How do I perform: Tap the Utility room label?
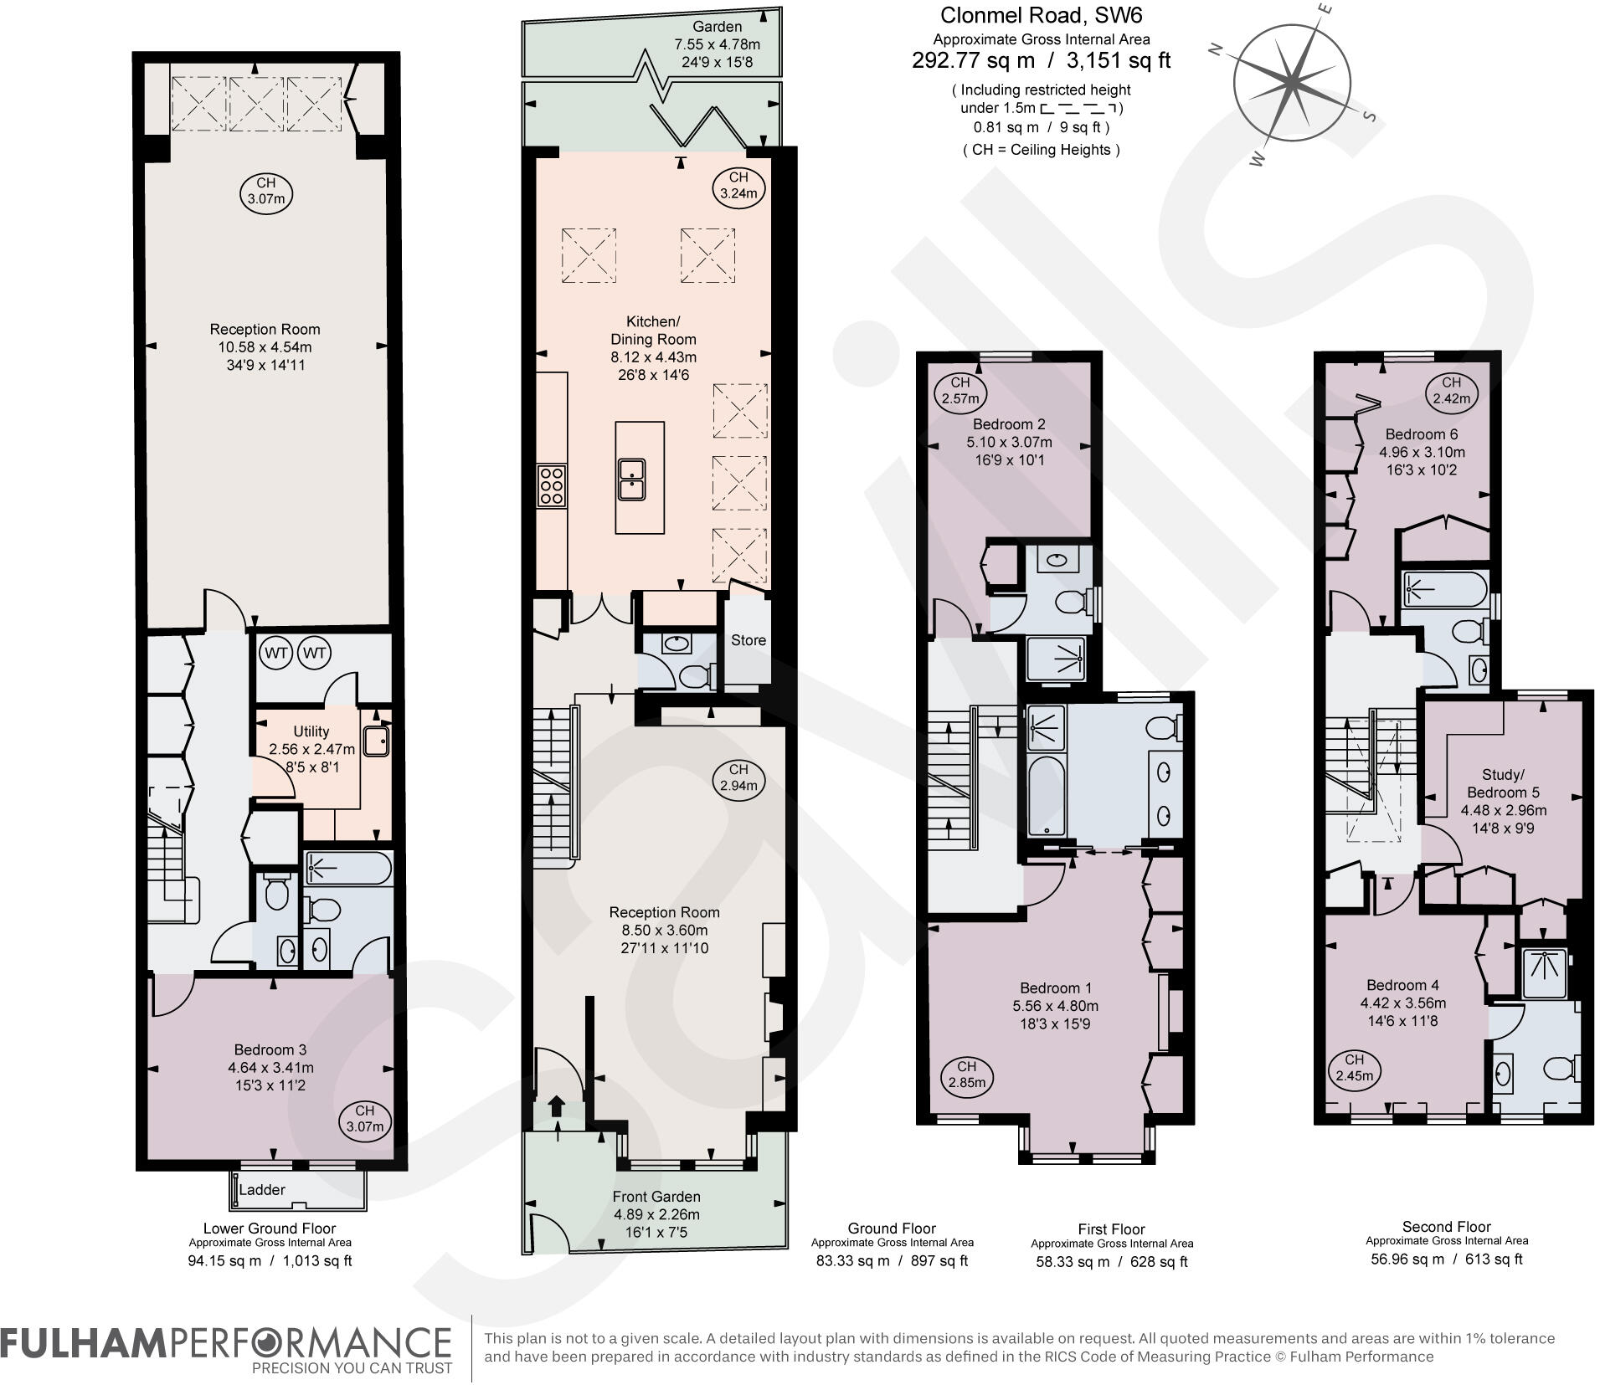[x=311, y=731]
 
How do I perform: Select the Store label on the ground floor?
[x=748, y=640]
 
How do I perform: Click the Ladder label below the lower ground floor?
[x=262, y=1189]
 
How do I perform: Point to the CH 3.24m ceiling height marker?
[x=738, y=185]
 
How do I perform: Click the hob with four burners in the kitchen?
[x=551, y=485]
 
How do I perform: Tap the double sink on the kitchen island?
[x=631, y=480]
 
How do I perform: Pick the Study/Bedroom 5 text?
[x=1504, y=783]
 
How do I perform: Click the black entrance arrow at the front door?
[x=556, y=1106]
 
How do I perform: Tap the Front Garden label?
[x=656, y=1197]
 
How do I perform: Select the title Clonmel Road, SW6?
[x=1041, y=15]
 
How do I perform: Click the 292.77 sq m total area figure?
[x=971, y=60]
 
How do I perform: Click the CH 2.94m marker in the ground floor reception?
[x=738, y=777]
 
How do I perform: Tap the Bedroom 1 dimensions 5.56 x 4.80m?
[x=1055, y=1006]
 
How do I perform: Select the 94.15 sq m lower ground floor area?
[x=224, y=1261]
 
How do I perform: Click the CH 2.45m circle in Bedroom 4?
[x=1354, y=1069]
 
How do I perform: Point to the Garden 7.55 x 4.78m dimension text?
[x=717, y=44]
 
